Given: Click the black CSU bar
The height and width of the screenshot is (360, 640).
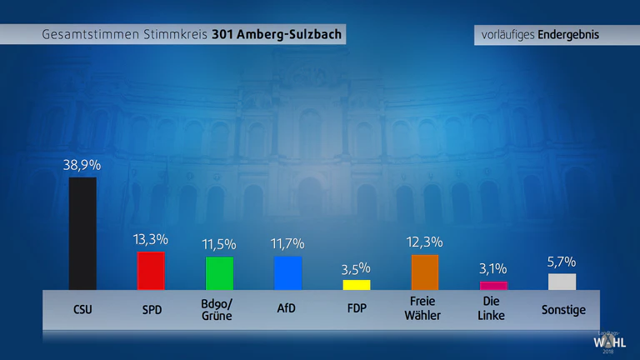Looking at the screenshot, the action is pos(82,233).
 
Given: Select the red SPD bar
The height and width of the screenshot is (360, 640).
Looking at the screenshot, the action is pos(151,271).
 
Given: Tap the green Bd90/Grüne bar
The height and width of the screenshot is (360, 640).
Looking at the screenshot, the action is pos(220,273).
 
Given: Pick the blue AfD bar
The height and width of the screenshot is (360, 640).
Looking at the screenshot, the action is pos(288,273).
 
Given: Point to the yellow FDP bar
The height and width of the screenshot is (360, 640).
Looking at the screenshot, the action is pos(357,285).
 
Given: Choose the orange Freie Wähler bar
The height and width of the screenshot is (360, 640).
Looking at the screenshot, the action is pos(425,272).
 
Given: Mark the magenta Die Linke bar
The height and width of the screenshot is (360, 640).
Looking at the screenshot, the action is pos(493,286).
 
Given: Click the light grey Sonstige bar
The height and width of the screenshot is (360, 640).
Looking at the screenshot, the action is pos(562,282).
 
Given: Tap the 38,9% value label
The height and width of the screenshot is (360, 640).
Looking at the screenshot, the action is pos(82,165).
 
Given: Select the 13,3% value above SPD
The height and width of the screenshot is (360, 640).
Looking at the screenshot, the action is pos(151,239).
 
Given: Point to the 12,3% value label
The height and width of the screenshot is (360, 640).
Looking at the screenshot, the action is pos(424,242).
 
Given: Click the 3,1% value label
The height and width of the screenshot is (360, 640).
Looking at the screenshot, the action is pos(493,268).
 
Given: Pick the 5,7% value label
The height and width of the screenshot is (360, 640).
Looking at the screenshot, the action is pos(562,262).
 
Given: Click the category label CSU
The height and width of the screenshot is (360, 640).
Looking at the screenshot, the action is pos(82,309).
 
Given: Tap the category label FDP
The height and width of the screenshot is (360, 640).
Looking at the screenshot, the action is pos(357,308).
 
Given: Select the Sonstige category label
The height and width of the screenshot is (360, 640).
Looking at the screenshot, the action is pos(563,310).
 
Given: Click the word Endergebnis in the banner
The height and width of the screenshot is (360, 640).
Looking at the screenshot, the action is pos(568,35).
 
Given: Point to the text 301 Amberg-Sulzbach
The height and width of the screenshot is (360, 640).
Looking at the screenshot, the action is pos(277,34).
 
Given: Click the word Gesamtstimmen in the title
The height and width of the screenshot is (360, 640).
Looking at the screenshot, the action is pos(91,34).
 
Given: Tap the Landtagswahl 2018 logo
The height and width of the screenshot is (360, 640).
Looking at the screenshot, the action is pos(609,342).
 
